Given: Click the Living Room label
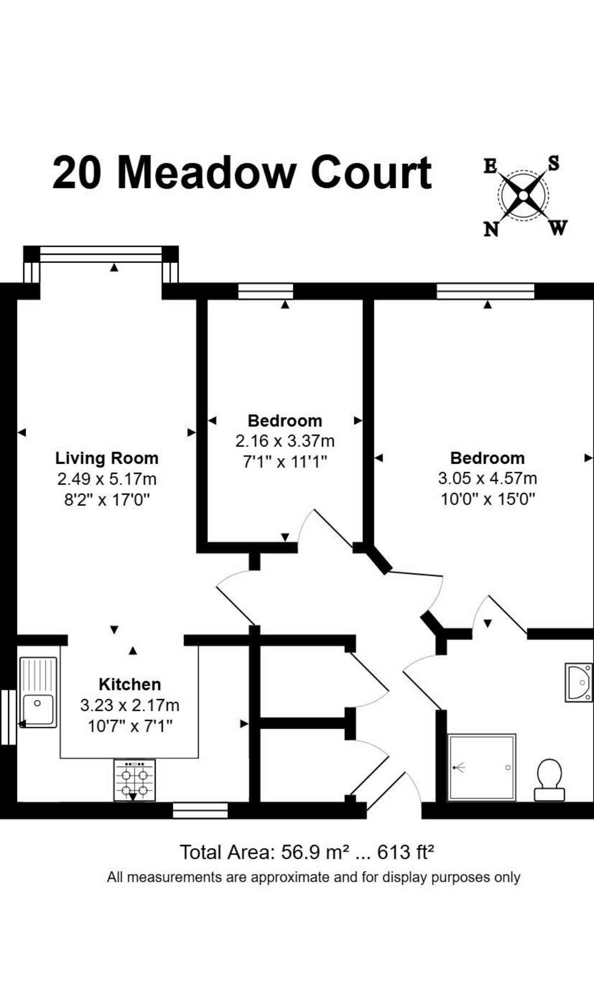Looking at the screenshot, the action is (x=107, y=458).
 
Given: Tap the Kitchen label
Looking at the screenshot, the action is (x=130, y=684).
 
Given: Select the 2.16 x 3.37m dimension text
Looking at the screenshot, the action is (x=285, y=441).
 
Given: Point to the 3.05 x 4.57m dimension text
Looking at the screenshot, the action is (x=487, y=478).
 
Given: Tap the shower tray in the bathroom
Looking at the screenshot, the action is (x=481, y=767).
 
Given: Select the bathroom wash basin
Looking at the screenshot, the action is (x=579, y=682).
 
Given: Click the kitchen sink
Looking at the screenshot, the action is (x=38, y=692).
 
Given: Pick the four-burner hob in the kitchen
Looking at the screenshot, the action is (x=134, y=781).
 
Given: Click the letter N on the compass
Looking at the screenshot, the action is (x=491, y=230).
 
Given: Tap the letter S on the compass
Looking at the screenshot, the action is (x=554, y=163).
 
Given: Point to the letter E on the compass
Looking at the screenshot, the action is (x=490, y=166).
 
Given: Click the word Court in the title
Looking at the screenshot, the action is (x=371, y=172).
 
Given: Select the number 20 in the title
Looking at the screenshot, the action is (x=77, y=172).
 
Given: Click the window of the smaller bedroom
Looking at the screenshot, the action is (x=266, y=291).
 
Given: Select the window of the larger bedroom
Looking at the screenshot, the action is (x=485, y=291).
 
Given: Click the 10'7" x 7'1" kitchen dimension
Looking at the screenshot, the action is (x=130, y=726).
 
